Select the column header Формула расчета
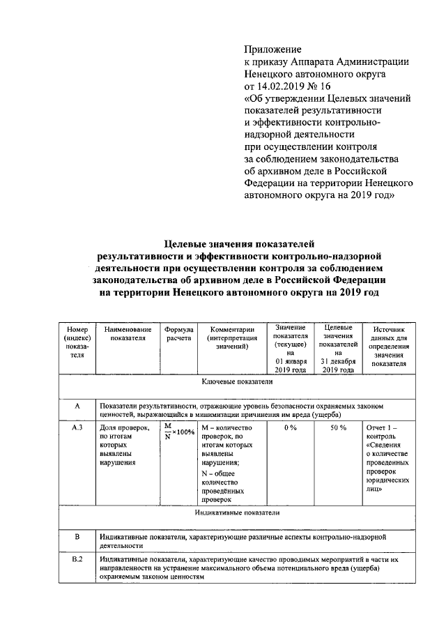(178, 334)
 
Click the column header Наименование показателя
(128, 334)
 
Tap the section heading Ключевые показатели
(236, 383)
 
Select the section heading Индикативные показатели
(236, 512)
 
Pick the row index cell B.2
(77, 560)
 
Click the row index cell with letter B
(77, 537)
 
